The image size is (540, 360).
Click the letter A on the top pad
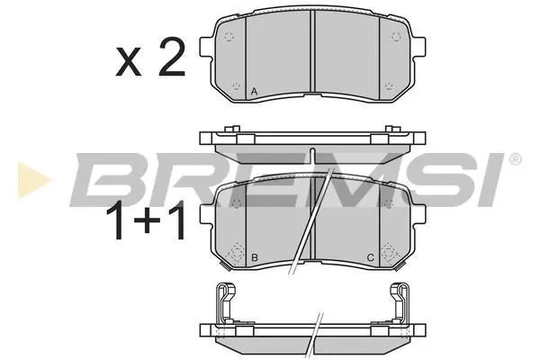click(x=254, y=92)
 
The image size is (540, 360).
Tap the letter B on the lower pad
click(x=255, y=257)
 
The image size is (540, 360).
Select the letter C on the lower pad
click(x=371, y=257)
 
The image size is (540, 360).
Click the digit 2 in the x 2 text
click(x=172, y=58)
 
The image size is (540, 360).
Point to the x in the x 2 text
click(x=129, y=62)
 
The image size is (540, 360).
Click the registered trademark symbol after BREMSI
click(x=515, y=159)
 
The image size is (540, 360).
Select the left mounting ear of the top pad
click(x=206, y=47)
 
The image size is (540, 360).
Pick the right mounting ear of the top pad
click(x=419, y=46)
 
